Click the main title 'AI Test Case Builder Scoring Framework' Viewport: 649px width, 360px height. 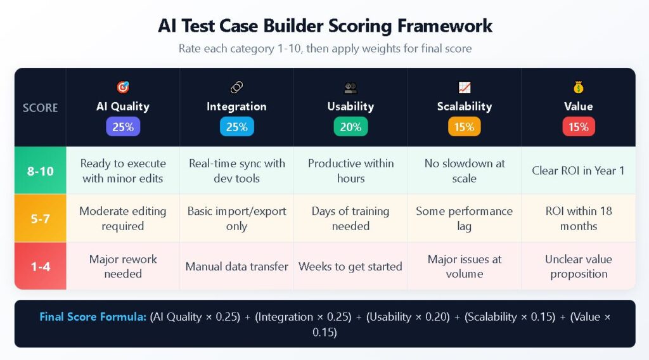pyautogui.click(x=324, y=25)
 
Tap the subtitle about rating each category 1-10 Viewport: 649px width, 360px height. pyautogui.click(x=324, y=49)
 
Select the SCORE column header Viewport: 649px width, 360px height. pyautogui.click(x=40, y=108)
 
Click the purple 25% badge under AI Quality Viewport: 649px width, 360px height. pyautogui.click(x=123, y=127)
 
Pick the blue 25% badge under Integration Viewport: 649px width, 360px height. pyautogui.click(x=236, y=127)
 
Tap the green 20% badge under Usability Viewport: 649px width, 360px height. pyautogui.click(x=350, y=127)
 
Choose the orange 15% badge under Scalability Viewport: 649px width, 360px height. pyautogui.click(x=464, y=127)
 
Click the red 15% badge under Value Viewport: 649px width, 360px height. pyautogui.click(x=578, y=127)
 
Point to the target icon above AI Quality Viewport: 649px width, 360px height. pyautogui.click(x=123, y=87)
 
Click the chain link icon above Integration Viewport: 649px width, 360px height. pyautogui.click(x=236, y=87)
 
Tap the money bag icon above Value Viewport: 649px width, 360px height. pyautogui.click(x=578, y=87)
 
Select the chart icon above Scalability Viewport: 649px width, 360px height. pyautogui.click(x=464, y=87)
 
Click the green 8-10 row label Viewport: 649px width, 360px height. pyautogui.click(x=40, y=170)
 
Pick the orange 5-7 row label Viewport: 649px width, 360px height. pyautogui.click(x=40, y=218)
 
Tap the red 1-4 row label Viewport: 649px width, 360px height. pyautogui.click(x=40, y=266)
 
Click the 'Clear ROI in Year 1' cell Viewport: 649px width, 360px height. pyautogui.click(x=578, y=170)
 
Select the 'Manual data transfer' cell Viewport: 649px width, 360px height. pyautogui.click(x=236, y=266)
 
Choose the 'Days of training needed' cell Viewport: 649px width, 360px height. pyautogui.click(x=350, y=218)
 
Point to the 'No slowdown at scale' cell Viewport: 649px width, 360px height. pyautogui.click(x=464, y=170)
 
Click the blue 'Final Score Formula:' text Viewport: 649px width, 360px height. pyautogui.click(x=93, y=317)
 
